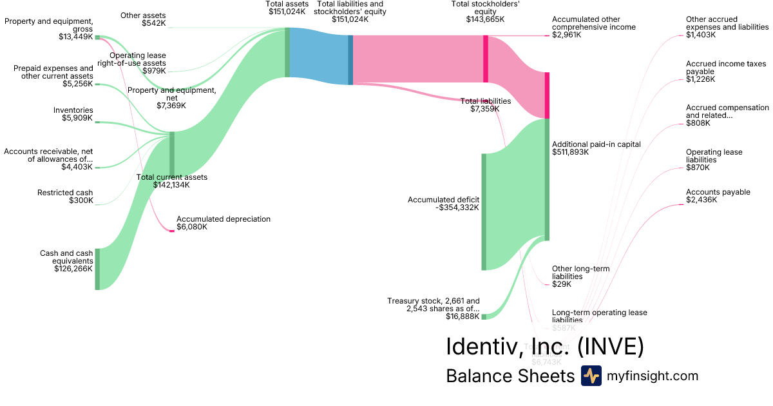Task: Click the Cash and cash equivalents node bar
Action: tap(97, 269)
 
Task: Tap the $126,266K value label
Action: tap(73, 269)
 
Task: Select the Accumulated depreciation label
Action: tap(223, 219)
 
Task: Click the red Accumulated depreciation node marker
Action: tap(172, 231)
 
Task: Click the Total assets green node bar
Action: tap(287, 52)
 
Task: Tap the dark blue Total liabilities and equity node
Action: tap(350, 59)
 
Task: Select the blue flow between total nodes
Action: tap(319, 57)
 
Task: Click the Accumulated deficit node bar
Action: tap(484, 211)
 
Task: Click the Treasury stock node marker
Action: tap(484, 316)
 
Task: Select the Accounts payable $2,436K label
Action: tap(718, 196)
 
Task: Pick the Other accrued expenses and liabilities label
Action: tap(727, 27)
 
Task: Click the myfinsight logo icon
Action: tap(591, 376)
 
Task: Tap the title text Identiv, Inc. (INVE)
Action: tap(544, 347)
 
